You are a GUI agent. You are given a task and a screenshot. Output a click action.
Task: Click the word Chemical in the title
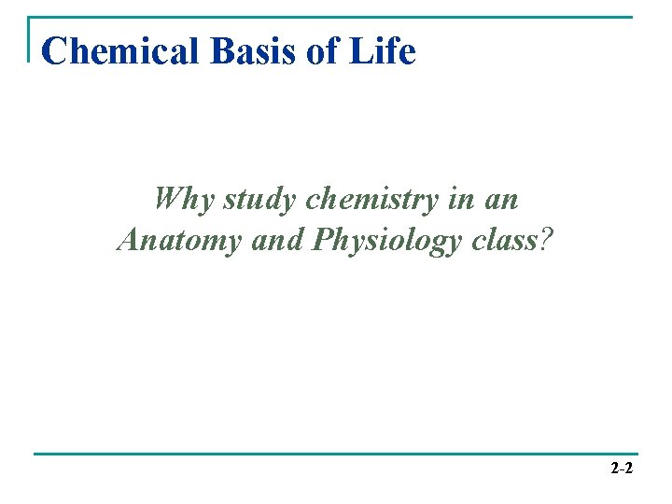coord(122,51)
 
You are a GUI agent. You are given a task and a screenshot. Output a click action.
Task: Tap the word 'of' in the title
coord(322,51)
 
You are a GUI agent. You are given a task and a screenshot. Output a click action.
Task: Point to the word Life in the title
coord(383,51)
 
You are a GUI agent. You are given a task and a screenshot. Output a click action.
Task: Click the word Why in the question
coord(184,199)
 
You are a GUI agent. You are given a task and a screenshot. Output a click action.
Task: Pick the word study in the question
coord(259,200)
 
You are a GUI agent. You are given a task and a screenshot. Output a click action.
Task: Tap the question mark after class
coord(547,240)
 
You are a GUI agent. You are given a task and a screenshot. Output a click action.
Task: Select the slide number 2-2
coord(622,469)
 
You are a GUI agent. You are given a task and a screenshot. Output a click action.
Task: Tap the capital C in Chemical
coord(54,51)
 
